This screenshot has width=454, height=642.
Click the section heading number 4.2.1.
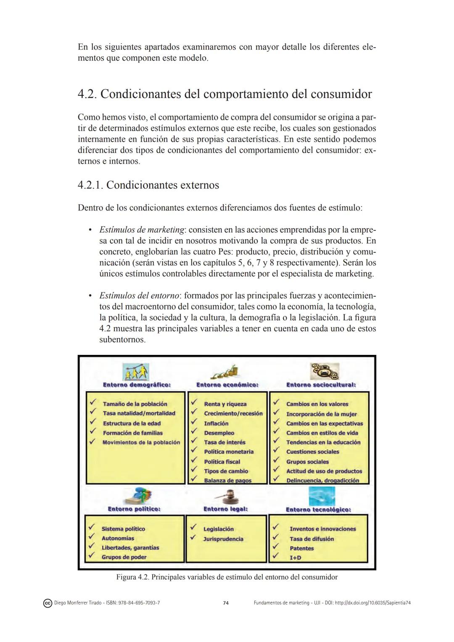90,185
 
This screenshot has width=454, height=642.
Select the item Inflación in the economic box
216,423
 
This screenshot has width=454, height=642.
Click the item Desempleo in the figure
219,433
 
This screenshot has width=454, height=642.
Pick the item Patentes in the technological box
301,548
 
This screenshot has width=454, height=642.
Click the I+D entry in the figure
295,557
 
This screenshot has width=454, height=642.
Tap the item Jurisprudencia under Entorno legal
223,539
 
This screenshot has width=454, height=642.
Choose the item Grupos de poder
124,557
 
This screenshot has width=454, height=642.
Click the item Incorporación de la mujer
322,414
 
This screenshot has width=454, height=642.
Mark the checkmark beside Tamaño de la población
93,403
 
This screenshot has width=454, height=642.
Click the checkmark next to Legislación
194,527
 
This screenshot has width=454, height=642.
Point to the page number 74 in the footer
226,603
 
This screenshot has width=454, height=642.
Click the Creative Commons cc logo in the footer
48,603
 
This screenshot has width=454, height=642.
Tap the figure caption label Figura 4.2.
132,577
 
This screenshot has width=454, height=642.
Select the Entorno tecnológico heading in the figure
318,510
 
